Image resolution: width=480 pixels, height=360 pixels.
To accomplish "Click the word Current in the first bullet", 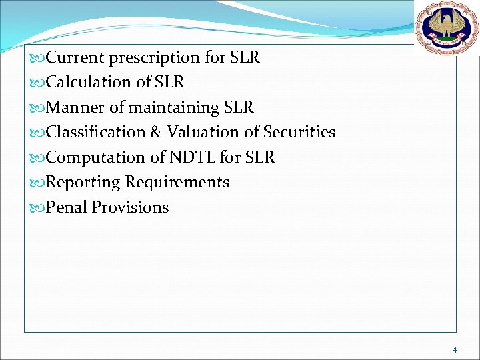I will point(75,57).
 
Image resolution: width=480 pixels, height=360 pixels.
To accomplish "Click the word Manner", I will point(73,107).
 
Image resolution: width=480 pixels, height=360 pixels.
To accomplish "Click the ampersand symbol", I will point(156,132).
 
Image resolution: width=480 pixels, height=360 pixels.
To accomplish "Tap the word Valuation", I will point(199,132).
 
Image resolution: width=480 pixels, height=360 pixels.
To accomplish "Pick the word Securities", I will point(299,132).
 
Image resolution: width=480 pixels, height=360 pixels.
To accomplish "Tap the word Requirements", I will point(177,183).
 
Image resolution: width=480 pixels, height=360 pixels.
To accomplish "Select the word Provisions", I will point(131,207).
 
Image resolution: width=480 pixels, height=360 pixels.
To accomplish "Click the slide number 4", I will point(454,349).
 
